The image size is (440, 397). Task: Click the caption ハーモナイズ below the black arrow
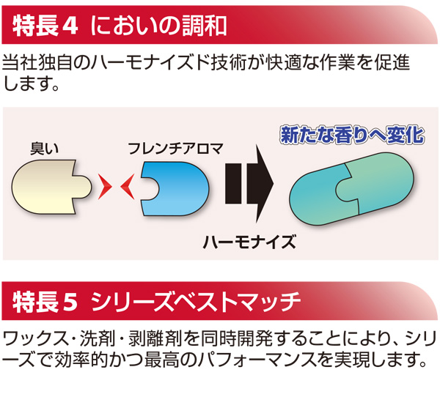point(249,241)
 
